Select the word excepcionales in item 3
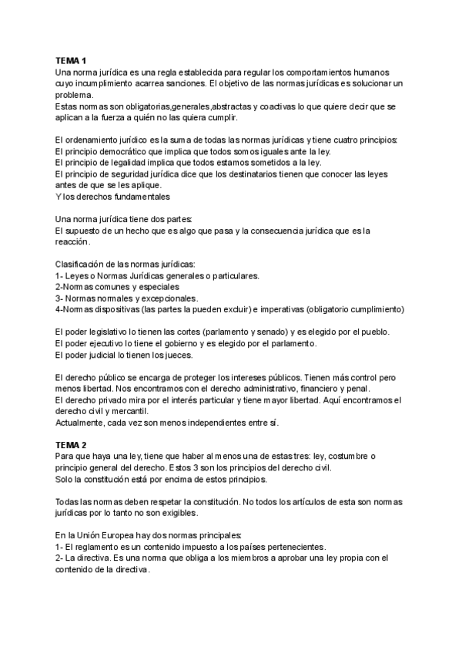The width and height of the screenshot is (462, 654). pos(165,298)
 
